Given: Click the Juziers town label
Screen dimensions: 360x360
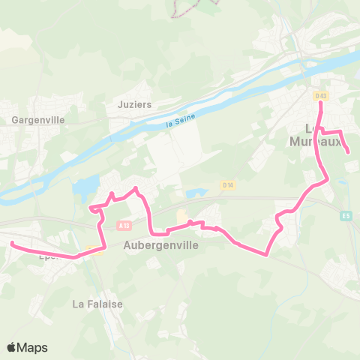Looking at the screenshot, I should (x=135, y=104).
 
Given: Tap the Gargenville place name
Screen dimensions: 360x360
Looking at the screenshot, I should (x=38, y=119).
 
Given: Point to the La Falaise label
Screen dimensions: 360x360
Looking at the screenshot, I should (x=97, y=304).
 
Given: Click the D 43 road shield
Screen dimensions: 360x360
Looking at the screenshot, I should (x=321, y=95).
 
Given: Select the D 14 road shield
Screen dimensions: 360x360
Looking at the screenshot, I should (x=228, y=184).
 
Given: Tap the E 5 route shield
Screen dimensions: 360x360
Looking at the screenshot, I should (x=344, y=216).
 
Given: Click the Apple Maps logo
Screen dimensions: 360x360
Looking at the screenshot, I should (x=27, y=347).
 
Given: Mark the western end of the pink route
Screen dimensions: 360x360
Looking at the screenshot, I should (x=12, y=242).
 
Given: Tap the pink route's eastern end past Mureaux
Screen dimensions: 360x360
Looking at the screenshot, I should (x=349, y=153).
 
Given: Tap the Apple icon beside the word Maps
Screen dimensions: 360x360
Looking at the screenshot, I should (x=11, y=347).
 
